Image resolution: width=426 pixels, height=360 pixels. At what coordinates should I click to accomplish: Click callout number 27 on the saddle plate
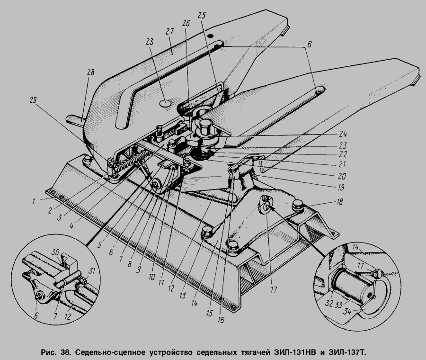(x=169, y=32)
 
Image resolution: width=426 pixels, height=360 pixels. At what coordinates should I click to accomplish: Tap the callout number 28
(x=90, y=72)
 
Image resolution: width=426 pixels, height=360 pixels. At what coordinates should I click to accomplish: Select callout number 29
(x=33, y=100)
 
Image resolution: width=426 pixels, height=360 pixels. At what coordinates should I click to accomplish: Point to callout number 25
(x=202, y=16)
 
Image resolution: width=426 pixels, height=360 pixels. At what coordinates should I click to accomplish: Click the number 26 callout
(x=186, y=23)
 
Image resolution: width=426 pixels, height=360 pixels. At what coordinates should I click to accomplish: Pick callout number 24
(x=343, y=134)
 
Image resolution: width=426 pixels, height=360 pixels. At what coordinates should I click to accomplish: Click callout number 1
(x=34, y=201)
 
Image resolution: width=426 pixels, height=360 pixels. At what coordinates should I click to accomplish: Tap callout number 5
(x=100, y=245)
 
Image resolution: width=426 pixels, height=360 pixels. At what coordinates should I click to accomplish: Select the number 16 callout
(x=221, y=320)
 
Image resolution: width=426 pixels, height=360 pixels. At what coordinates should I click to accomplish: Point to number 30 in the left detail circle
(x=55, y=252)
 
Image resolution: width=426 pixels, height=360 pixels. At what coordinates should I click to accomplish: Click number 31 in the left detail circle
(x=92, y=271)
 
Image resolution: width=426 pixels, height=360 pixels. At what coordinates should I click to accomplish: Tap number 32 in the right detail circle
(x=329, y=303)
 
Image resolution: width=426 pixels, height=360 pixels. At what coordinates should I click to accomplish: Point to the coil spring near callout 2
(x=131, y=162)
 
